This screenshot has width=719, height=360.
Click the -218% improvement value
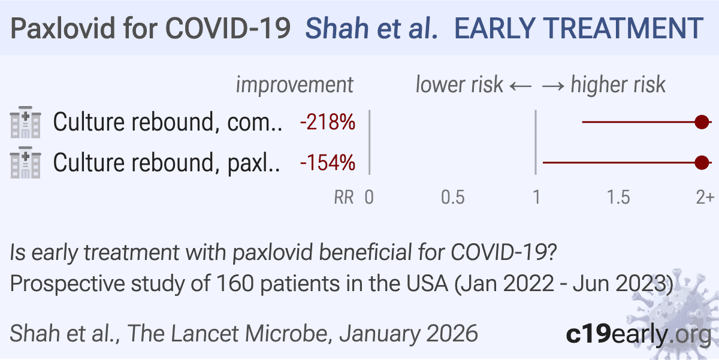pyautogui.click(x=327, y=122)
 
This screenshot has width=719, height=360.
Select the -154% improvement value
pyautogui.click(x=327, y=163)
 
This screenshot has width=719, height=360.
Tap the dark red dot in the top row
pyautogui.click(x=702, y=122)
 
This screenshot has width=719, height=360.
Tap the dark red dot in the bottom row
pyautogui.click(x=702, y=163)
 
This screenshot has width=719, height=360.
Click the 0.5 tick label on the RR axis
pyautogui.click(x=452, y=197)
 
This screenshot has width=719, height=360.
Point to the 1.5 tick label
pyautogui.click(x=618, y=197)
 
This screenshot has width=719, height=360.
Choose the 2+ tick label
pyautogui.click(x=705, y=197)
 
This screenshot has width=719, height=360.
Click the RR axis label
pyautogui.click(x=344, y=197)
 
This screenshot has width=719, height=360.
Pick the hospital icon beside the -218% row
pyautogui.click(x=26, y=122)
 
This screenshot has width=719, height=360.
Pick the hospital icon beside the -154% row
pyautogui.click(x=26, y=162)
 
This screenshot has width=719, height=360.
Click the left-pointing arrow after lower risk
pyautogui.click(x=521, y=86)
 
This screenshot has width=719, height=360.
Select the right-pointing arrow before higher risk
pyautogui.click(x=553, y=86)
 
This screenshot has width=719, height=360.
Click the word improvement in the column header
pyautogui.click(x=295, y=85)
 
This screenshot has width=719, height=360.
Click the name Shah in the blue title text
pyautogui.click(x=337, y=28)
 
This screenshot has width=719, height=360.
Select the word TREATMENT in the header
pyautogui.click(x=626, y=28)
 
